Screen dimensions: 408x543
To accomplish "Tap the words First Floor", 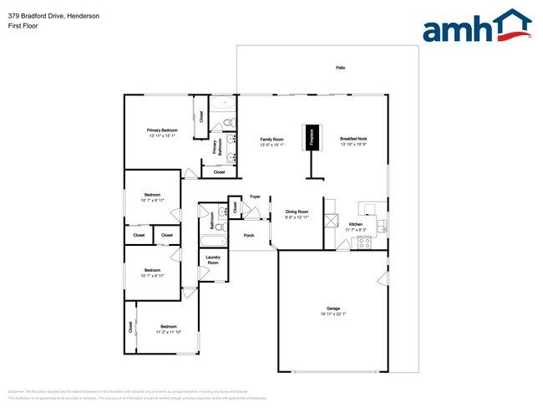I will [23, 26].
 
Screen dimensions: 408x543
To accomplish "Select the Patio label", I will [340, 67].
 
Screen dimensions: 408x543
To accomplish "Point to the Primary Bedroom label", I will [162, 130].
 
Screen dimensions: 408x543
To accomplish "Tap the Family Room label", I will [271, 140].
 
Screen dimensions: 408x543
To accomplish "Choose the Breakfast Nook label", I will [353, 140].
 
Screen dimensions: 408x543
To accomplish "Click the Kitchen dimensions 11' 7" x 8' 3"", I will [355, 230].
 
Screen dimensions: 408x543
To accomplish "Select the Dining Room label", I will [297, 212].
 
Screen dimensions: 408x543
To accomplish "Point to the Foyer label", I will [255, 197].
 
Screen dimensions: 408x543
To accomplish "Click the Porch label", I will [249, 236].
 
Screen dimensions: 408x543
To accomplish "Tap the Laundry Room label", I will [213, 260].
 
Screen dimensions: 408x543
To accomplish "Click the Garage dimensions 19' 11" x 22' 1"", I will [332, 314].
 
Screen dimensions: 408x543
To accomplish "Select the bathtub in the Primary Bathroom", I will [224, 105].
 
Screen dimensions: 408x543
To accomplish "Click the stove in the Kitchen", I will [364, 242].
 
